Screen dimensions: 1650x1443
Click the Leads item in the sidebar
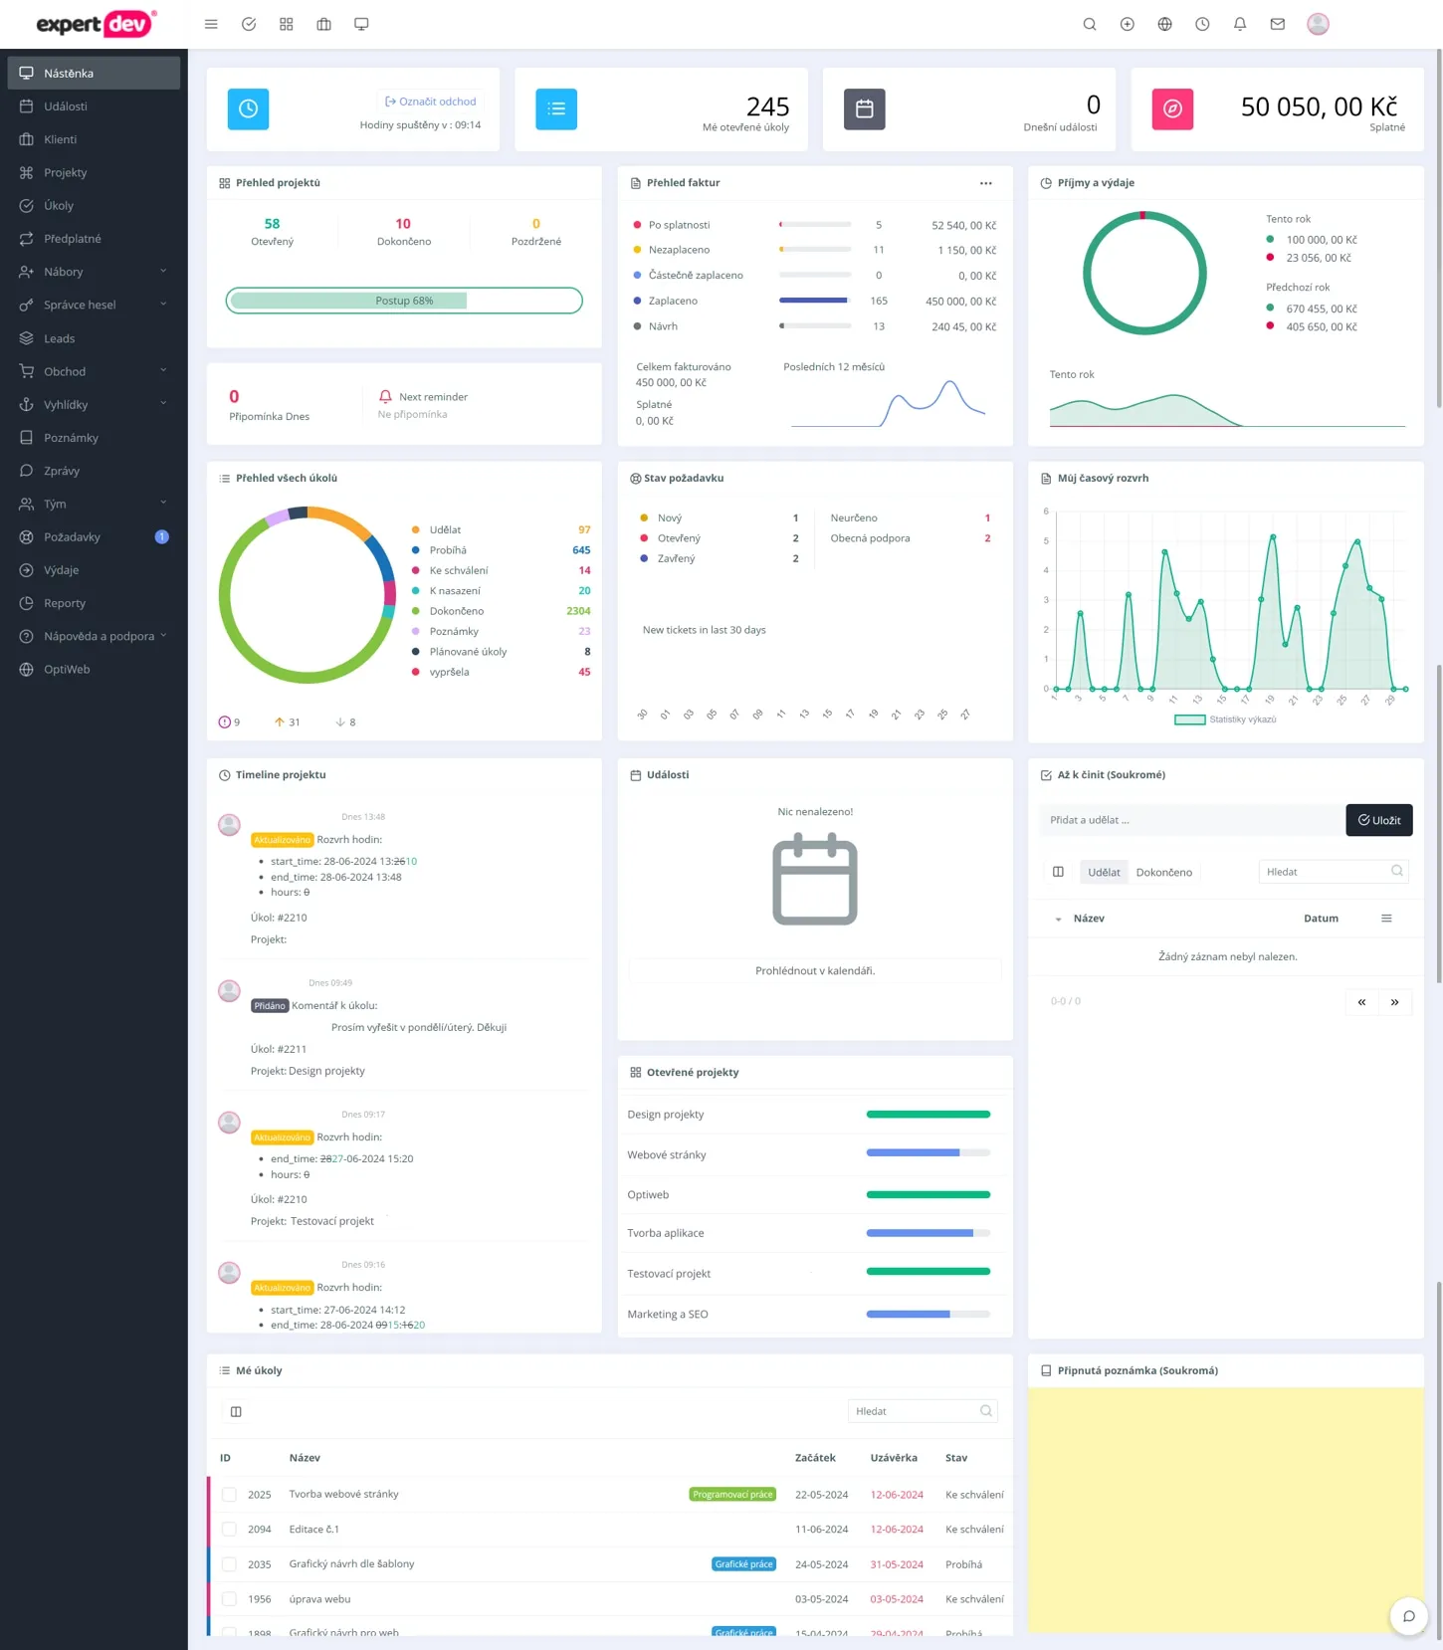[x=59, y=338]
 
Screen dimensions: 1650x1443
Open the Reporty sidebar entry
[x=64, y=603]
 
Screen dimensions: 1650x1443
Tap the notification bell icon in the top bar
[x=1240, y=24]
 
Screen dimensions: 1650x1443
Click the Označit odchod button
[x=431, y=102]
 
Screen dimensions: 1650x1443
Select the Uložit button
[x=1378, y=820]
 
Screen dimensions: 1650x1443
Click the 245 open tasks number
[x=767, y=106]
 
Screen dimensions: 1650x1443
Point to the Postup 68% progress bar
[x=404, y=301]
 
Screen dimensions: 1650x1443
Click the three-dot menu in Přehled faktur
[x=985, y=183]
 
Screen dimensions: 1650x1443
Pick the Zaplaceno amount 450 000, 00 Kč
[x=960, y=302]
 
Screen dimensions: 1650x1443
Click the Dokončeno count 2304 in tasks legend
[x=578, y=611]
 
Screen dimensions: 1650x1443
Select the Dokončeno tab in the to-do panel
[x=1163, y=873]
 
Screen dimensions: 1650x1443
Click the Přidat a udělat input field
[x=1190, y=820]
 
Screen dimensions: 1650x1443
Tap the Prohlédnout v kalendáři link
[x=815, y=971]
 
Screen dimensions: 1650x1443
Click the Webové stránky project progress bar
[x=928, y=1153]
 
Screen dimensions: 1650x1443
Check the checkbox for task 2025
[x=230, y=1495]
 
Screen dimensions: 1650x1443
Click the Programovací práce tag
[x=732, y=1495]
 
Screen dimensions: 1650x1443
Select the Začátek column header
[x=815, y=1458]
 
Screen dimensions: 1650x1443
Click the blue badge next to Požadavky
[x=162, y=537]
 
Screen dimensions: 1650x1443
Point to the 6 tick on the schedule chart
[x=1046, y=512]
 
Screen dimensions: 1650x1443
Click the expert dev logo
[x=96, y=24]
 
